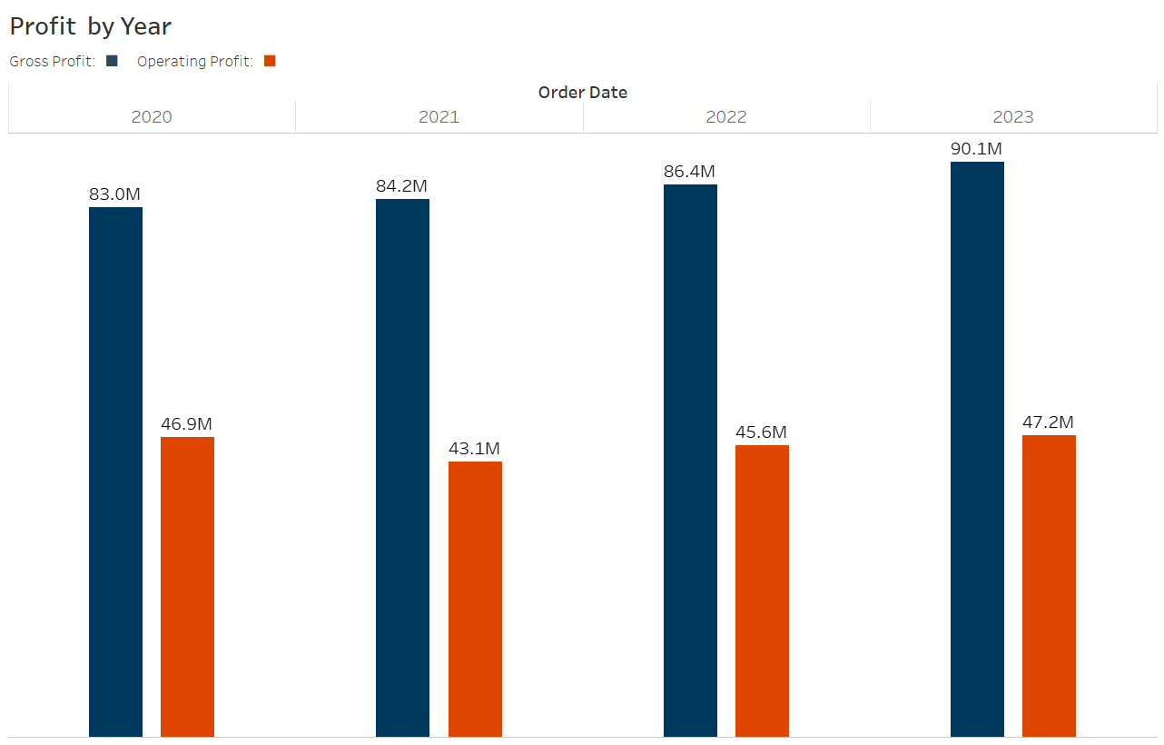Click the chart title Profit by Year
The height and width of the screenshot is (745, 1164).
[90, 26]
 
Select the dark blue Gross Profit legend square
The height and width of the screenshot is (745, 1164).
[112, 61]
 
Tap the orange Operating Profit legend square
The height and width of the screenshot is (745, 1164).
[269, 61]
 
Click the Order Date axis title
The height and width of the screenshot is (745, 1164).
[582, 92]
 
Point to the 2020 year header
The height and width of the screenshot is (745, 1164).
[152, 116]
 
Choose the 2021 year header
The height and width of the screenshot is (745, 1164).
[439, 116]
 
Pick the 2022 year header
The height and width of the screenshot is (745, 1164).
[725, 116]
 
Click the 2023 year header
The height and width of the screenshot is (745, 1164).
[1012, 116]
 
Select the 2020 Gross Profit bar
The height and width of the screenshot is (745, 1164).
[115, 472]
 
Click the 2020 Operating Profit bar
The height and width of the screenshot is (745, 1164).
[187, 586]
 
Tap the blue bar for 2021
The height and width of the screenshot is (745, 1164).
[402, 467]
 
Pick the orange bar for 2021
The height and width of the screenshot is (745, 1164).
[475, 599]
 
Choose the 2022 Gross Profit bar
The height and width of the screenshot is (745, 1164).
[690, 460]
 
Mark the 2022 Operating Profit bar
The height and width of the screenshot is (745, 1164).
[762, 591]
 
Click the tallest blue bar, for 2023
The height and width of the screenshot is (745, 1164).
[977, 449]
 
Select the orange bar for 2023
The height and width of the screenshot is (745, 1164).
[1049, 585]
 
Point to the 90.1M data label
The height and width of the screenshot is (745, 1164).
[976, 149]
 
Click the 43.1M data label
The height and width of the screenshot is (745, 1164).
[474, 449]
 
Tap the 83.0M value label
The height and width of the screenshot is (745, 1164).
[114, 194]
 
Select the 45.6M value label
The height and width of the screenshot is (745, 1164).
[761, 432]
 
